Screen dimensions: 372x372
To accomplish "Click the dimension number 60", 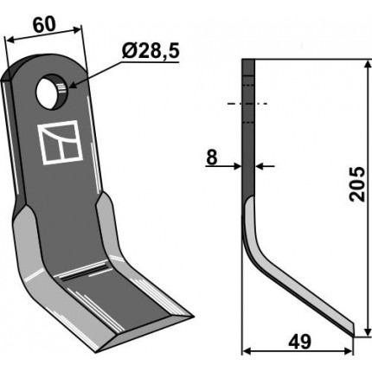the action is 44,25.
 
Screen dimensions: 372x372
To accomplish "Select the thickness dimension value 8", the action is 212,157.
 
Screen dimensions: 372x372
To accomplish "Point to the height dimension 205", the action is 357,183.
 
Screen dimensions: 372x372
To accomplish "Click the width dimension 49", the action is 299,342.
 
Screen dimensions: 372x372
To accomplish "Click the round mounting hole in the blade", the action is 52,91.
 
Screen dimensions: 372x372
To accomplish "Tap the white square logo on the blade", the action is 61,142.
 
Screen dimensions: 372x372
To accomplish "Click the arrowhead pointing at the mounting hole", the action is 73,85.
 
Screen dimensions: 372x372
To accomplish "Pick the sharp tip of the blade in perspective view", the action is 191,317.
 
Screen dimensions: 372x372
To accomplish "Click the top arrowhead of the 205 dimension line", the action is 367,64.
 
